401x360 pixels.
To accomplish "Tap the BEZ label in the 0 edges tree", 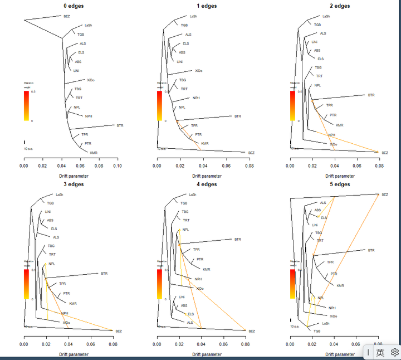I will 66,17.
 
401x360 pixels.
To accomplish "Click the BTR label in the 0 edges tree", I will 120,125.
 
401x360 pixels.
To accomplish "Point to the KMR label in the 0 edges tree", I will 94,152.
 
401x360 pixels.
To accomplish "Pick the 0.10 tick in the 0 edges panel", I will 118,166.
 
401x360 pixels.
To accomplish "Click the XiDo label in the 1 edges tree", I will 199,71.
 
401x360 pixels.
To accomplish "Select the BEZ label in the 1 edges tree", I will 251,152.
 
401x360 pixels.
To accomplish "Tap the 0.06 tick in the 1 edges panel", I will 226,166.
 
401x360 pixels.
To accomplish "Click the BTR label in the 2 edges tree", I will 371,95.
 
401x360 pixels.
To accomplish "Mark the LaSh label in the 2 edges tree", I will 326,16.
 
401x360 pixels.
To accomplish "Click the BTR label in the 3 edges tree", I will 104,274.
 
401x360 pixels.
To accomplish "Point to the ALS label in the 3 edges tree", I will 56,237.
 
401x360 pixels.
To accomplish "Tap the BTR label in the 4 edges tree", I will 238,239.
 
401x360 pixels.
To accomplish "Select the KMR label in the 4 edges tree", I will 206,269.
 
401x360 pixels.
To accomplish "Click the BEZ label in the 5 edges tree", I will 385,194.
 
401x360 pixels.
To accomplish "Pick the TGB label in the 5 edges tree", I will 317,331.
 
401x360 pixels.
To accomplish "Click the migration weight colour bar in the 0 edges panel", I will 26,105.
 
